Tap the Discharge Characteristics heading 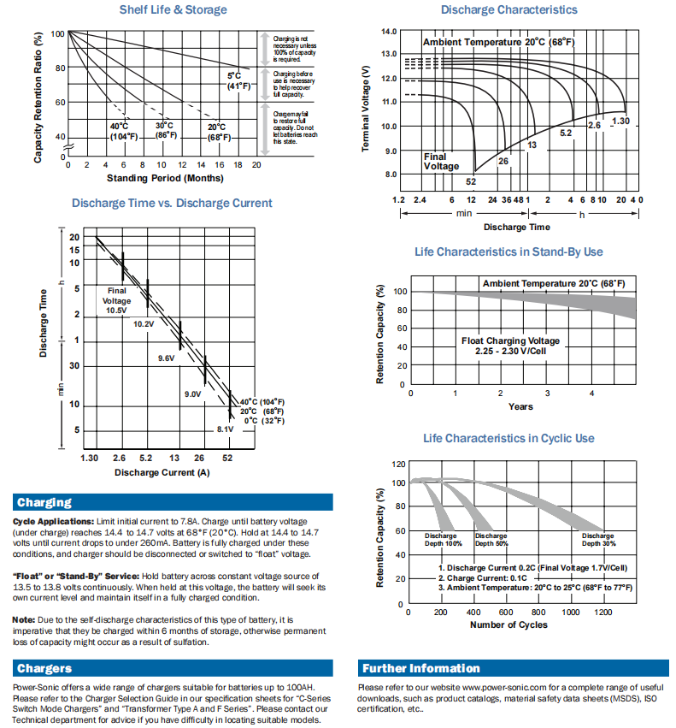pyautogui.click(x=508, y=10)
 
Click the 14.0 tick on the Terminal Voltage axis pyautogui.click(x=389, y=32)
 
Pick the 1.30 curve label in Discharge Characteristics pyautogui.click(x=620, y=121)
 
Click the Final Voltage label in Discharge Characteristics pyautogui.click(x=435, y=162)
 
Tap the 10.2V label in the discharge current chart pyautogui.click(x=143, y=324)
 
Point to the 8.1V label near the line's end pyautogui.click(x=225, y=429)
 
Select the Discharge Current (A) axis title pyautogui.click(x=162, y=472)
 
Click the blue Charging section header pyautogui.click(x=44, y=502)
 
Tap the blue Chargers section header pyautogui.click(x=44, y=668)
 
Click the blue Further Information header pyautogui.click(x=420, y=668)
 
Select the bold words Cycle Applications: pyautogui.click(x=54, y=521)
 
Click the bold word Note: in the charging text pyautogui.click(x=24, y=619)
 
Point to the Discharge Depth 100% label pyautogui.click(x=444, y=540)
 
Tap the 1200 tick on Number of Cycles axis pyautogui.click(x=603, y=613)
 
